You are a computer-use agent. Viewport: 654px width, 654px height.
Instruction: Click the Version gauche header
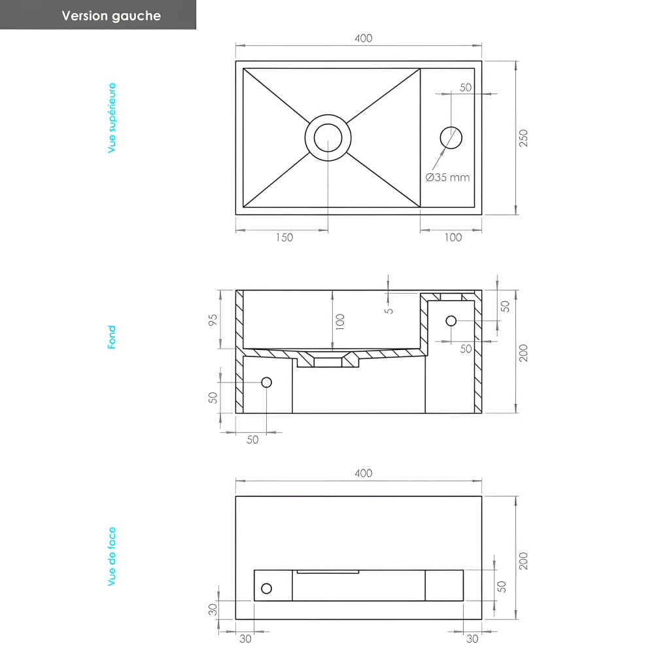111,16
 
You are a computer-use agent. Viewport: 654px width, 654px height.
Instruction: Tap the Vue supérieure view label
112,118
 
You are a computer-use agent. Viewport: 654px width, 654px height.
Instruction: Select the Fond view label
112,337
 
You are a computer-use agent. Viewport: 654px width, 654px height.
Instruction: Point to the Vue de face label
112,557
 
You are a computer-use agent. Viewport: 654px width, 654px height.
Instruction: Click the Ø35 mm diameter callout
447,177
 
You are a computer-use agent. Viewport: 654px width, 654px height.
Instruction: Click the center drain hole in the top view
328,137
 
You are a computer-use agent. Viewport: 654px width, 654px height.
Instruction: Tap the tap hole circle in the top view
451,137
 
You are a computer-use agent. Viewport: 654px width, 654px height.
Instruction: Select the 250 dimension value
523,138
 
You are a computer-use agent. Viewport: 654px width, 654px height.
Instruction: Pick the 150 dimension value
284,237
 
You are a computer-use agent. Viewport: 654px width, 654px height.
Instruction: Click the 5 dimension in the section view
389,309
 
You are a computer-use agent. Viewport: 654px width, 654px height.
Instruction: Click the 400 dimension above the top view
364,38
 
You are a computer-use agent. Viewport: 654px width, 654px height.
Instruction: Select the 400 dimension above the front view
364,473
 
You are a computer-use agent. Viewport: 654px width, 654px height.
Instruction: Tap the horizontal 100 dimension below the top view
453,237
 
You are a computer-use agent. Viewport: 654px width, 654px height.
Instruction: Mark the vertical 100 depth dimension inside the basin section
339,321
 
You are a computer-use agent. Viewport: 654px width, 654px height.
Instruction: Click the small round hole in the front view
266,589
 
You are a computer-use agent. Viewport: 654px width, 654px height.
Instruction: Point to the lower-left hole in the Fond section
266,382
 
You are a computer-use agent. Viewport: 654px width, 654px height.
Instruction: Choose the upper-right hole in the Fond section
451,320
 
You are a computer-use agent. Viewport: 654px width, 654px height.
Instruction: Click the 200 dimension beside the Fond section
523,353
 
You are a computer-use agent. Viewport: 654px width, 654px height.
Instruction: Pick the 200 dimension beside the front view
523,560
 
